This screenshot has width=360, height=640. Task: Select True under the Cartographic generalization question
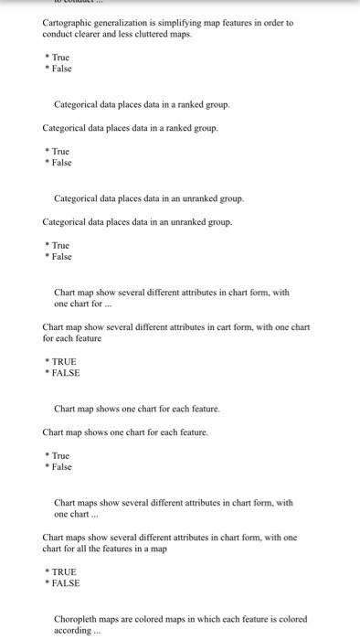(60, 57)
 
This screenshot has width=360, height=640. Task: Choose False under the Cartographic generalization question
(61, 69)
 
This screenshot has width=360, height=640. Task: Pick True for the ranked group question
(60, 150)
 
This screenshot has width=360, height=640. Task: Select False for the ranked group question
(61, 162)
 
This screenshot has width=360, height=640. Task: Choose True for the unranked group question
(60, 245)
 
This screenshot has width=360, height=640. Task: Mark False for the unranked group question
(61, 257)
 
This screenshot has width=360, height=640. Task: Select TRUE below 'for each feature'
(64, 361)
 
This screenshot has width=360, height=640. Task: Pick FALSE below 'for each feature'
(66, 373)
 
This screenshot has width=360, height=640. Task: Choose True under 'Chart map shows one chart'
(60, 455)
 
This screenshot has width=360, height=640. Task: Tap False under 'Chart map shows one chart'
(61, 467)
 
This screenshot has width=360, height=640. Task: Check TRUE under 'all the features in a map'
(64, 571)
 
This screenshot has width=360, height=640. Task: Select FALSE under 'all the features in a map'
(66, 583)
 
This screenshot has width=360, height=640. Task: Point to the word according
(73, 631)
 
